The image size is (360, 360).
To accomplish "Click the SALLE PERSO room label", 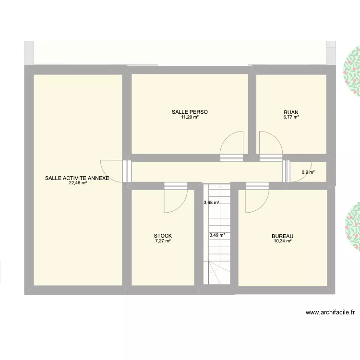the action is pos(190,112).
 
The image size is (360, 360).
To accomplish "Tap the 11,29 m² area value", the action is pos(190,117).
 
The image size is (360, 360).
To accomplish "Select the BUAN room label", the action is pos(291,112).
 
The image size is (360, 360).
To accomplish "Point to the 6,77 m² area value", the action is pos(291,117).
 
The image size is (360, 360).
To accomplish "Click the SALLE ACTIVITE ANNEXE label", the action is pos(77,178).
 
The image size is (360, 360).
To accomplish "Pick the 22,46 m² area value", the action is pos(78,183).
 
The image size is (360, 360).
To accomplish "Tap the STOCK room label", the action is pos(163,236).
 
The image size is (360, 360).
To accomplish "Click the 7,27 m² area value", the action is pos(163,241).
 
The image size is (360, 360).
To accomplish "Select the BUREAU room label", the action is pos(282,236).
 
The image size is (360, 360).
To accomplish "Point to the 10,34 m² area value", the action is pos(283,241).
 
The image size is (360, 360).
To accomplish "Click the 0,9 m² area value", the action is pos(308,172).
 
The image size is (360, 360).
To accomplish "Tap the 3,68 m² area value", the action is pos(211,203).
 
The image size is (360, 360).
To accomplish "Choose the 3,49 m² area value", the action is pos(217,235).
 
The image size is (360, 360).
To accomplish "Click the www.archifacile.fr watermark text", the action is pos(330,312).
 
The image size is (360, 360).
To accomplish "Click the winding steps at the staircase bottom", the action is pos(217,273).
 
